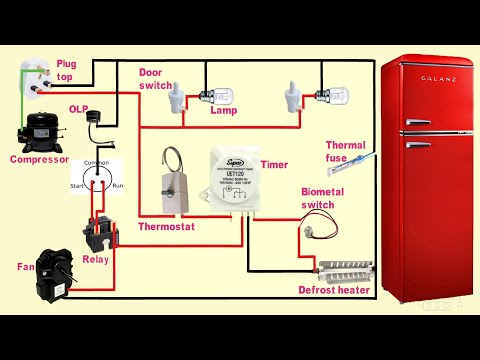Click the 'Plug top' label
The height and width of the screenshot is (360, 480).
(x=67, y=69)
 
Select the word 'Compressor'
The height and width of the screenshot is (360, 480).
(x=38, y=159)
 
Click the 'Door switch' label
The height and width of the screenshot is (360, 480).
(x=155, y=77)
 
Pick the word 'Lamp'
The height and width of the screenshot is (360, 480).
(x=223, y=111)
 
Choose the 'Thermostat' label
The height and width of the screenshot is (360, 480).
(x=165, y=226)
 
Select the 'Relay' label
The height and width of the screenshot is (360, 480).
(x=97, y=259)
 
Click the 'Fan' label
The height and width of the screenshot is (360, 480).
(x=25, y=266)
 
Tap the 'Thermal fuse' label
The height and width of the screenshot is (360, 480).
(x=345, y=150)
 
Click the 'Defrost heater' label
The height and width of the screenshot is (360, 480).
(x=334, y=290)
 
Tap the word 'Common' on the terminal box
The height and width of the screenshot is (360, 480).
(x=96, y=162)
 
